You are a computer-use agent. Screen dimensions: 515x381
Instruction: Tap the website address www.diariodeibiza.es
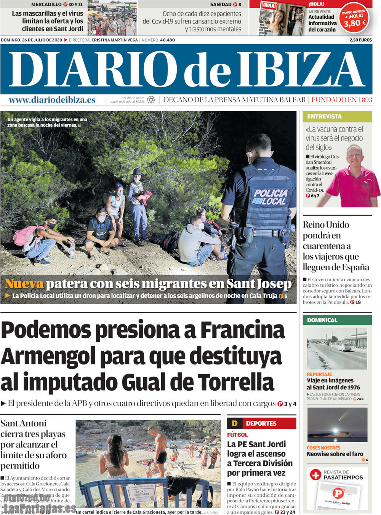click(x=52, y=100)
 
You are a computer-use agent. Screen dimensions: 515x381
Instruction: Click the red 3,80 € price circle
click(x=354, y=20)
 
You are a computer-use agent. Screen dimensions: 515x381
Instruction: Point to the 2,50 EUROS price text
click(x=360, y=40)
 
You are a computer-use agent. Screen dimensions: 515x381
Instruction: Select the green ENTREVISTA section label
click(x=324, y=117)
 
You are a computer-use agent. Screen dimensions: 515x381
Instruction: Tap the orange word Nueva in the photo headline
click(x=24, y=284)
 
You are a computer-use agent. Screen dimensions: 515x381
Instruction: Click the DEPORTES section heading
click(x=261, y=423)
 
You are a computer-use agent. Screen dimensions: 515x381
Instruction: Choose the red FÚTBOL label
click(x=237, y=435)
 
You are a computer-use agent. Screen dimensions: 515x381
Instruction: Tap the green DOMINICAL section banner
click(x=322, y=320)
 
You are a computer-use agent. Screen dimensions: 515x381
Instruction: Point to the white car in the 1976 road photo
click(x=344, y=347)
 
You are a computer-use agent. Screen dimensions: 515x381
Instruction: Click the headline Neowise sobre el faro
click(x=335, y=454)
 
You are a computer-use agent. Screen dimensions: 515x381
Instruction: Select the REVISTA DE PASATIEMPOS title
click(x=343, y=475)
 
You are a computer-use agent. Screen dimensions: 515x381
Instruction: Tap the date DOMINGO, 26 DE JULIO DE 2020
click(x=32, y=40)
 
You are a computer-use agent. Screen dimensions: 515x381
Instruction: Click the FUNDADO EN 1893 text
click(x=342, y=100)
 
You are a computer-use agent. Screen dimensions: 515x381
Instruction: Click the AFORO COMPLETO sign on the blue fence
click(x=141, y=493)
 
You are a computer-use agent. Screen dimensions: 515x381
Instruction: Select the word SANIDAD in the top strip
click(x=221, y=5)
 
